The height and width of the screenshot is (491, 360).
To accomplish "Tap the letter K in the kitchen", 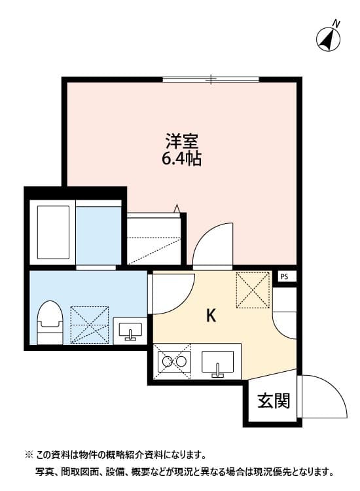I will [x=211, y=316].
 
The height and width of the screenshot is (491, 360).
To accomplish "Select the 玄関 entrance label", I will [x=273, y=400].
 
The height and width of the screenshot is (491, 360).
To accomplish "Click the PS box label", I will [x=284, y=277].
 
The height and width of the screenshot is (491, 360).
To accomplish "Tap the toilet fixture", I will [x=50, y=321].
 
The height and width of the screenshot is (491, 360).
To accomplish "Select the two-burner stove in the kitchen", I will [x=173, y=361].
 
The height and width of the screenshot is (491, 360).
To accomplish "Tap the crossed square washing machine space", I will [x=90, y=323].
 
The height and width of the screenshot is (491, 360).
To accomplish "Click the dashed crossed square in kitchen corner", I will [x=253, y=289].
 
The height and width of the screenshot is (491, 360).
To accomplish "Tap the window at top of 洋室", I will [x=211, y=80].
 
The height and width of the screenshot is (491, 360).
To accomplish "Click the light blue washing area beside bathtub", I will [x=99, y=234].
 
